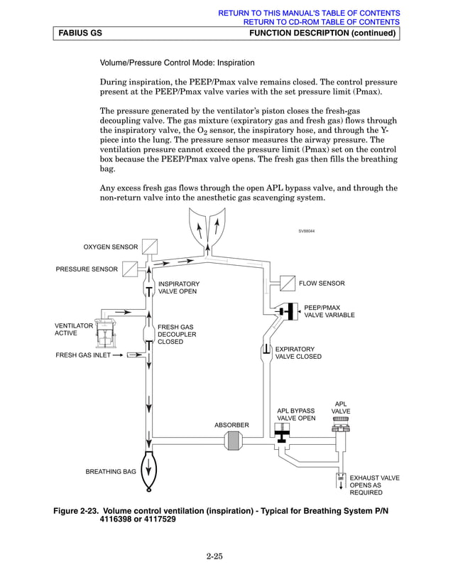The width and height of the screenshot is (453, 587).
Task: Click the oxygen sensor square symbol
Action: [x=149, y=247]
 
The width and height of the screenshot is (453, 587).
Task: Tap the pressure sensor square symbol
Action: [x=130, y=269]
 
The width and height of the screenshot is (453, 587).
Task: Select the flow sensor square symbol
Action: [x=288, y=284]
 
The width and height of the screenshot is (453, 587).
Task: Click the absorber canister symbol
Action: [x=233, y=441]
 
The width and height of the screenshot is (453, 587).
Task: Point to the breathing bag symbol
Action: [x=148, y=471]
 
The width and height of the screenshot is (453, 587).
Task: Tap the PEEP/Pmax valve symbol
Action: [x=288, y=311]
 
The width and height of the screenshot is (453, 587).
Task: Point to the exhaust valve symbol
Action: [x=341, y=481]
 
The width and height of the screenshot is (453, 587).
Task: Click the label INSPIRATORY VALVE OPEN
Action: [x=178, y=287]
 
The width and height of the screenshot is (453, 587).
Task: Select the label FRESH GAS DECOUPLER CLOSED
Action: [x=177, y=334]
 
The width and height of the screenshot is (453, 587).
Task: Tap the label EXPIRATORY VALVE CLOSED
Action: [x=298, y=352]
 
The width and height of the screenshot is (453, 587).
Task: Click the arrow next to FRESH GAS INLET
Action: [x=118, y=355]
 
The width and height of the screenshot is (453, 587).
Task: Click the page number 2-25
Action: [x=215, y=556]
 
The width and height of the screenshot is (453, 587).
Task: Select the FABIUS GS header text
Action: [x=80, y=33]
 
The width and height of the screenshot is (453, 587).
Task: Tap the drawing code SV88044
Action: [x=307, y=231]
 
